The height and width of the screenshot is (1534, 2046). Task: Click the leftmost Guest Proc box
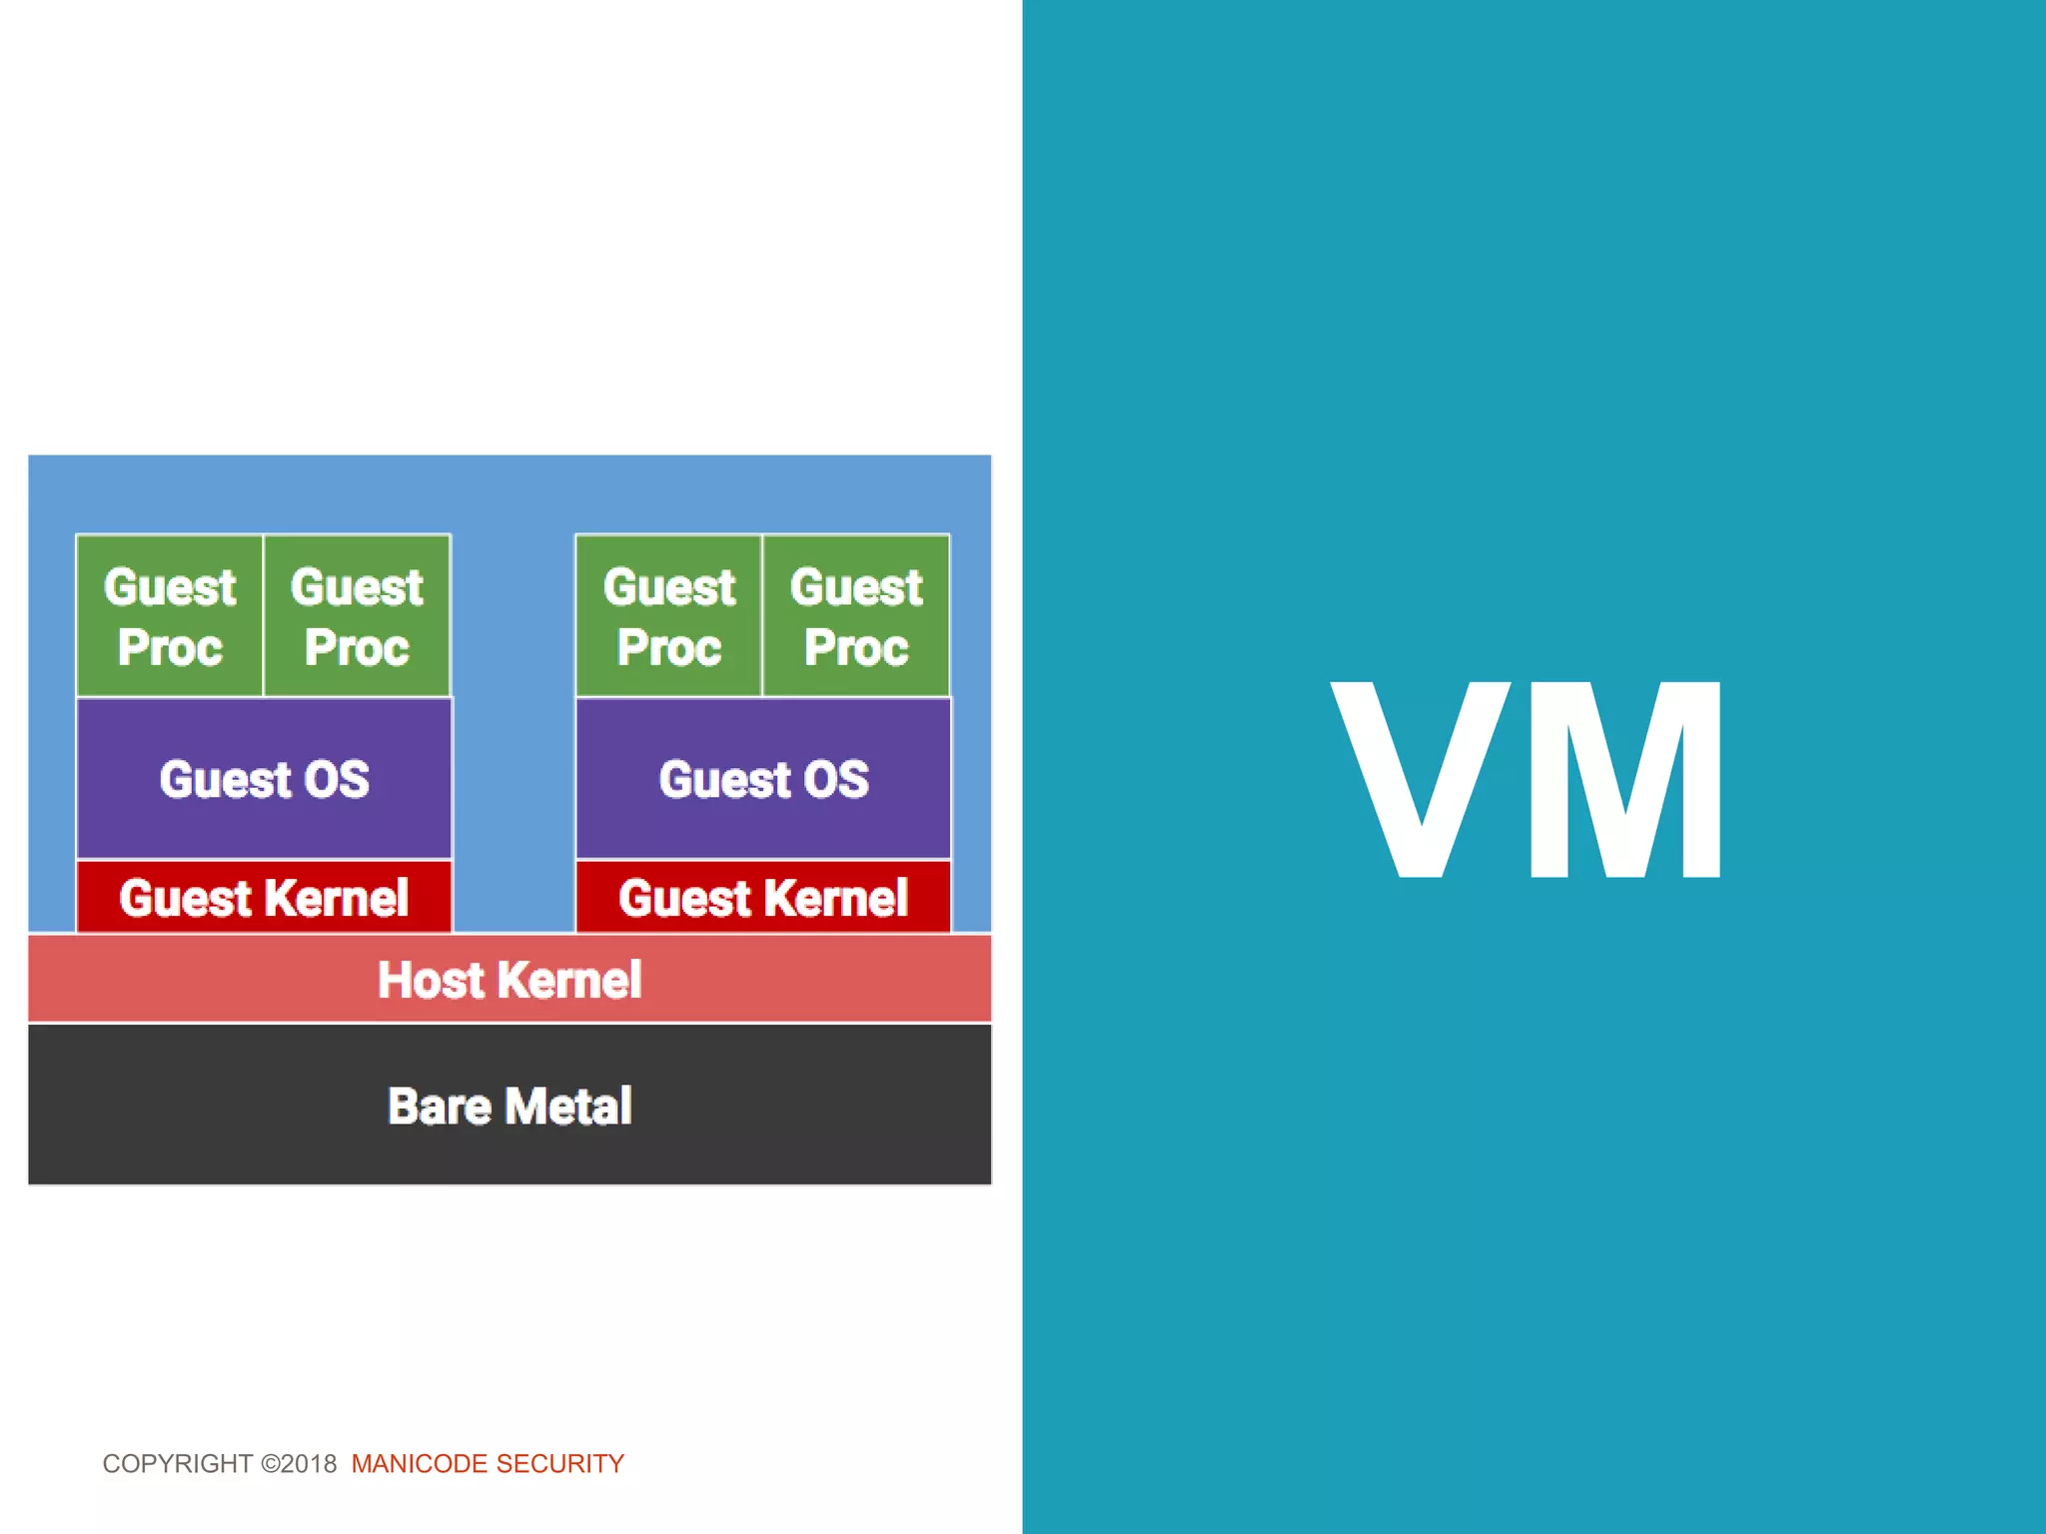170,616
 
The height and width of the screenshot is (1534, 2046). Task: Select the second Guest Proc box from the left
357,616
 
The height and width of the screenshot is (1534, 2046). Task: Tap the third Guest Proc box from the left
669,616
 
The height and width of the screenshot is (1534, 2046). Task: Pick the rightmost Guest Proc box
856,616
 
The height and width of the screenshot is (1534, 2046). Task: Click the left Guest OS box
264,779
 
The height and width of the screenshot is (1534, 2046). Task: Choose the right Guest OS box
763,779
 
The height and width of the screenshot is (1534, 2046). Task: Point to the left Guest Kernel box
264,897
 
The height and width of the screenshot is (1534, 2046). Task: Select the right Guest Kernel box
763,897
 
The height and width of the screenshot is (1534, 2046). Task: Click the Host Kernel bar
510,979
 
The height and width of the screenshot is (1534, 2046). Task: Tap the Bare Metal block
510,1106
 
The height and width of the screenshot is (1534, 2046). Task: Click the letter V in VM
1421,780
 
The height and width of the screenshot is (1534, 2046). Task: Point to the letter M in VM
1625,780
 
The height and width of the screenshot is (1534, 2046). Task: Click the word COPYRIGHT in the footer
178,1464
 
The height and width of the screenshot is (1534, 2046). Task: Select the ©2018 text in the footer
299,1464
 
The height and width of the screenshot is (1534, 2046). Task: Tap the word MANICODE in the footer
419,1464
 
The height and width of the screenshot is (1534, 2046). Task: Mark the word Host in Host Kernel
430,980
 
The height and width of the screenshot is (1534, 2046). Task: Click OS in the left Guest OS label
337,779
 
